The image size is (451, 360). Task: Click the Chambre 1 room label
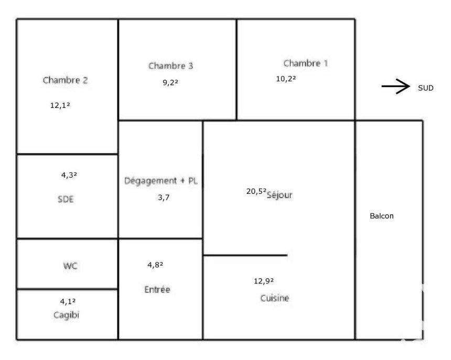coord(305,63)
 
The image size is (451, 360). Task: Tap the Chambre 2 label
coord(65,80)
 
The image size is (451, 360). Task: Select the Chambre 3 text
coord(170,66)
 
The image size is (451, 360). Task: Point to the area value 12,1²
coord(60,105)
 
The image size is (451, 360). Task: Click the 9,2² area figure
coord(170,83)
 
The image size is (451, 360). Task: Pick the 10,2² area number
coord(286,79)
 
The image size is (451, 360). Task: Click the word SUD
coord(426,88)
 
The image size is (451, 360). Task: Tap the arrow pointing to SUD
coord(396,86)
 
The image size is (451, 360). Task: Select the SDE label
coord(66,199)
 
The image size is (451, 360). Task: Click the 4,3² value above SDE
coord(69,175)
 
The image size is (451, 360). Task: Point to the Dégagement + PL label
coord(161,181)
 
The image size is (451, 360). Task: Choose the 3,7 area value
coord(164,198)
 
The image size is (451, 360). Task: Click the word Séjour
coord(280,195)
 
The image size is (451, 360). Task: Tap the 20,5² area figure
coord(256,191)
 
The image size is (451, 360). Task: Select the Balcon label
coord(382,216)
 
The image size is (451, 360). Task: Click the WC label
coord(70,266)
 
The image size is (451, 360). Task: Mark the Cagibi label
coord(66,315)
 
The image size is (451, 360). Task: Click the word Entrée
coord(157,289)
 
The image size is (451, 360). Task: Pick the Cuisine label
coord(274,298)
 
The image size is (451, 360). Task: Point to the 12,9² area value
coord(263,281)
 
